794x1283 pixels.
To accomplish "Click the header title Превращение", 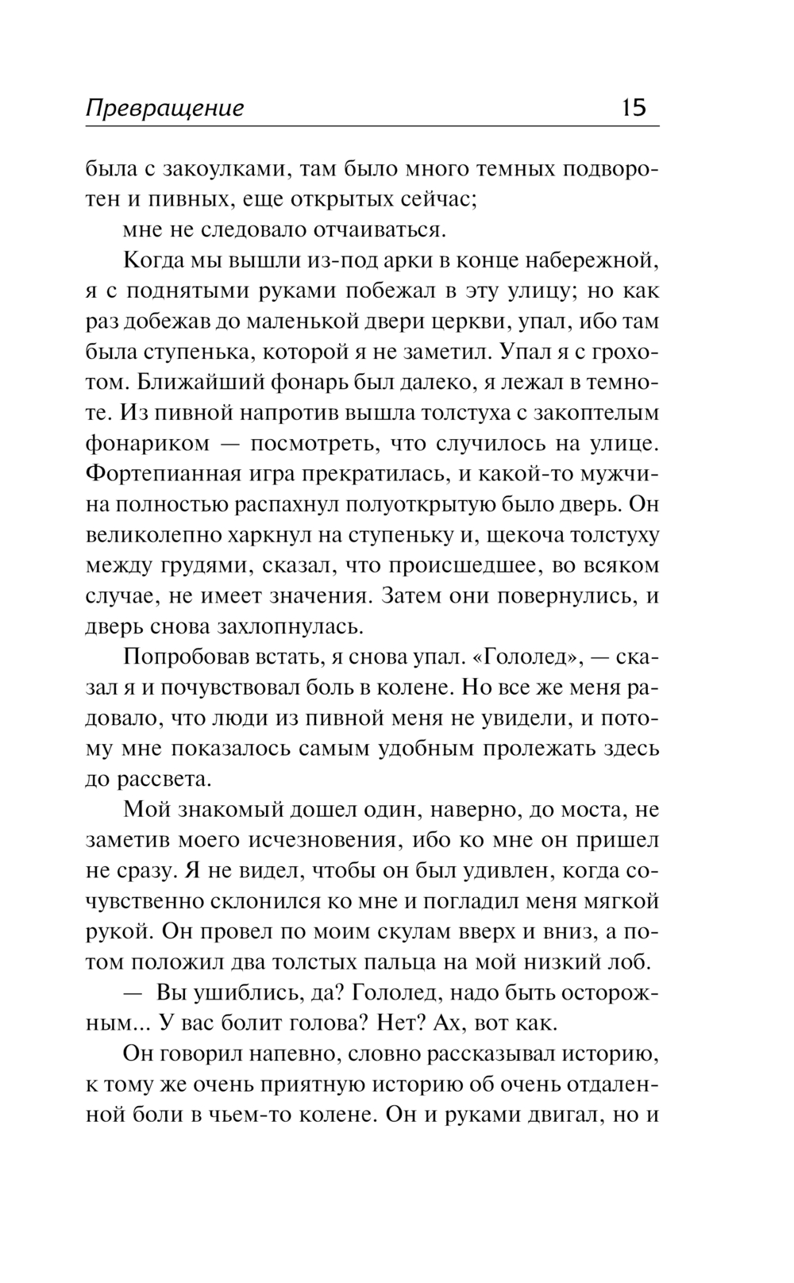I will point(164,109).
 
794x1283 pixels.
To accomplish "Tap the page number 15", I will point(634,107).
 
